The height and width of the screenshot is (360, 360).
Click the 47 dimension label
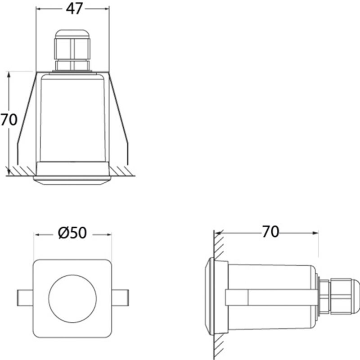point(74,9)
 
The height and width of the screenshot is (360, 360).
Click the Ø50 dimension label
point(72,233)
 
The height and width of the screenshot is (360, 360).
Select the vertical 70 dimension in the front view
point(9,120)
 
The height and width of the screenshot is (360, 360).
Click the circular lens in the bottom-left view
point(72,298)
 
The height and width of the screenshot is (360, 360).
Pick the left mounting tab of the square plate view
point(25,298)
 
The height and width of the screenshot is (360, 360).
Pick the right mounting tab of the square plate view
point(120,298)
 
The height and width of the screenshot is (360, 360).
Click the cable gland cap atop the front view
point(72,34)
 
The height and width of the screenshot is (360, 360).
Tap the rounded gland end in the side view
point(355,296)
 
